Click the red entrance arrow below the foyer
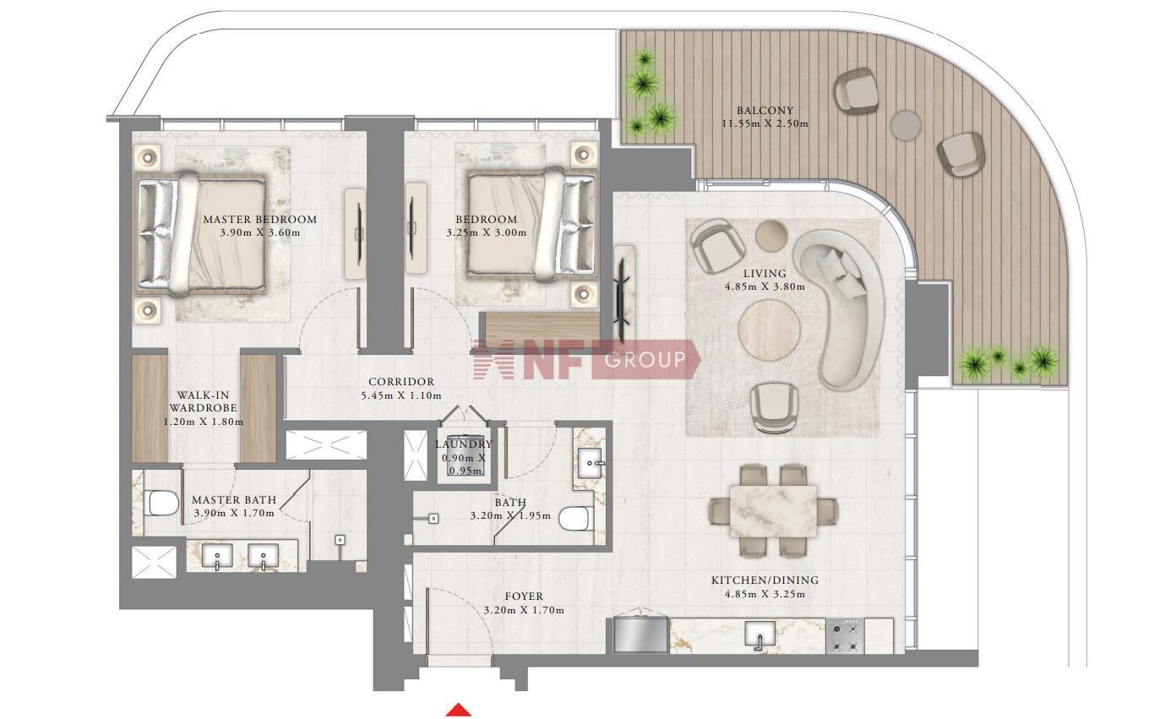(x=459, y=710)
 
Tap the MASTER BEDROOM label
(x=260, y=220)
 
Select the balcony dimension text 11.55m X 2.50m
(x=765, y=124)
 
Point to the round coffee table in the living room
(x=769, y=330)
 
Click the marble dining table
(x=773, y=511)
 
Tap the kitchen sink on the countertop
(x=759, y=634)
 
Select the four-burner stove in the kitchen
(x=845, y=636)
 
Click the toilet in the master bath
(x=163, y=504)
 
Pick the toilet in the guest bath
(x=576, y=519)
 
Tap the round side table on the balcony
(x=906, y=125)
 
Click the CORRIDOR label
(x=401, y=382)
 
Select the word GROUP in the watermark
(x=645, y=359)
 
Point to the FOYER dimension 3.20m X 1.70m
(x=524, y=610)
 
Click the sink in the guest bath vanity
(x=591, y=463)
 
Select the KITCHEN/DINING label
(x=765, y=580)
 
